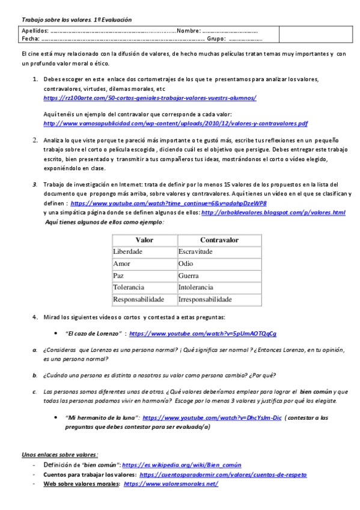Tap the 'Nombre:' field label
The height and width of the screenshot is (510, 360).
(x=189, y=31)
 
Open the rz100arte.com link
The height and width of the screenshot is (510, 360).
(x=150, y=97)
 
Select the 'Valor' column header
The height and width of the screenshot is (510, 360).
(x=144, y=239)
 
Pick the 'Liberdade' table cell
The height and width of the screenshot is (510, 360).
(x=128, y=251)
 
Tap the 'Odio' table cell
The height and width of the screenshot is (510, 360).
(x=186, y=263)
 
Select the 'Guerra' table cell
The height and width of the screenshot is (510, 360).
(x=189, y=275)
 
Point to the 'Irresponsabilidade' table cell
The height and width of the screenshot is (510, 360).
(x=205, y=299)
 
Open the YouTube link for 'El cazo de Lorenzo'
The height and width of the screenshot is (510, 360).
(x=203, y=333)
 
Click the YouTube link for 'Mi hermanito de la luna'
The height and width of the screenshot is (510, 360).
(x=212, y=416)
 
